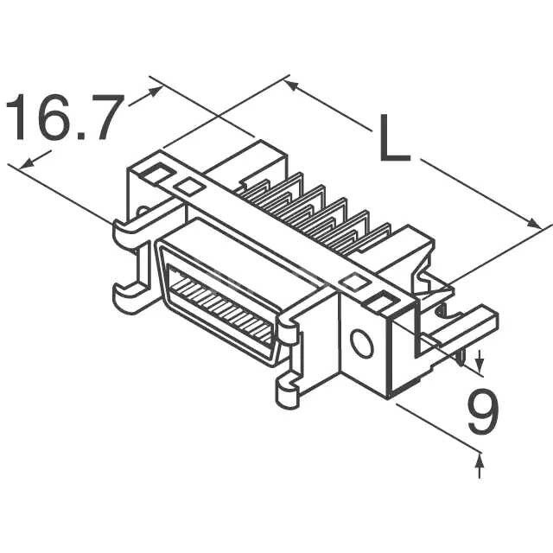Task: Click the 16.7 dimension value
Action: click(x=62, y=118)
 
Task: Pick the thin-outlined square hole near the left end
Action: click(x=188, y=185)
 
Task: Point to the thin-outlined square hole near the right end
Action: click(x=353, y=282)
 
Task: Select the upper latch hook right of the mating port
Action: click(x=289, y=328)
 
